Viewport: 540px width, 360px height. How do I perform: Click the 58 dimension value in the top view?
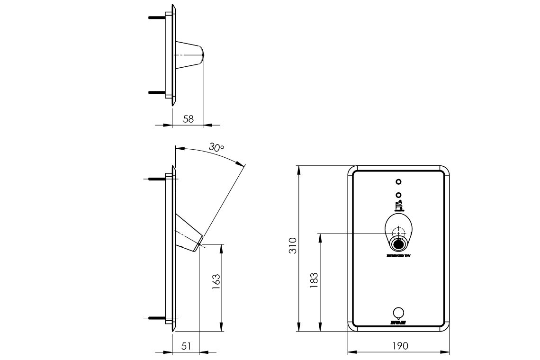(188, 119)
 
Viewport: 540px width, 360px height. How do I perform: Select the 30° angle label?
(216, 148)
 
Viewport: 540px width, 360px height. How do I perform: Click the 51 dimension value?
(186, 346)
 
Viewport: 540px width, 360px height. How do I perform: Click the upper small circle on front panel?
(398, 182)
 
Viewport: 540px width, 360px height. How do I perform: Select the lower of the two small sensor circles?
(398, 194)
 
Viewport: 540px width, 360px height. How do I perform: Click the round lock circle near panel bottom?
(399, 312)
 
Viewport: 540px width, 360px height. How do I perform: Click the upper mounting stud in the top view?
(157, 18)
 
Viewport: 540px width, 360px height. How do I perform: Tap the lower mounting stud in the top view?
(157, 92)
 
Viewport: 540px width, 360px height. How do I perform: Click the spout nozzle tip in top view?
(202, 55)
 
